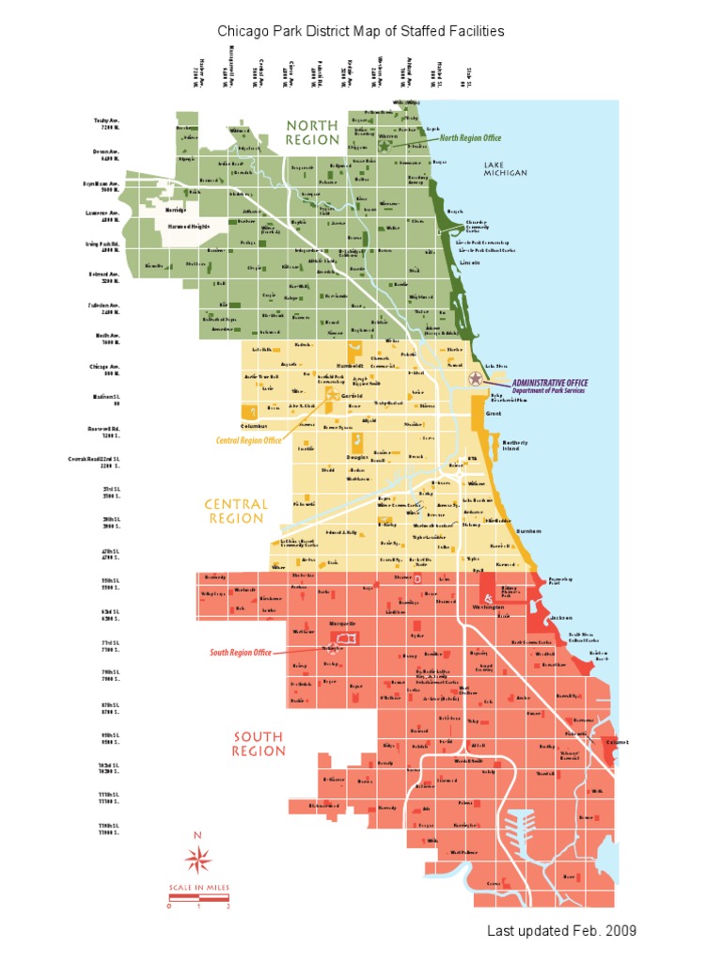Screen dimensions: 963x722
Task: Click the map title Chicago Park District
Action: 361,31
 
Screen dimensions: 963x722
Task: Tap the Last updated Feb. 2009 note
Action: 561,930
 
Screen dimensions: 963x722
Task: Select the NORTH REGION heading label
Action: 312,132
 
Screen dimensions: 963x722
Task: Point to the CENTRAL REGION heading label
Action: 236,512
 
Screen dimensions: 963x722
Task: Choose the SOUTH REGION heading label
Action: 259,744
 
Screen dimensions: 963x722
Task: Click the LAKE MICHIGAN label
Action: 506,168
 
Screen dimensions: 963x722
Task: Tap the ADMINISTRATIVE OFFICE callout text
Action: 550,383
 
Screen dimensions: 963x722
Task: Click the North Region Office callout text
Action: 470,138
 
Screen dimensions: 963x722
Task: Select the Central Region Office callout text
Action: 249,439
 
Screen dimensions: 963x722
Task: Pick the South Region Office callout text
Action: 241,653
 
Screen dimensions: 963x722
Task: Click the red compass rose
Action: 198,857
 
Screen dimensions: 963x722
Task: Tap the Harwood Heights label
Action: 189,227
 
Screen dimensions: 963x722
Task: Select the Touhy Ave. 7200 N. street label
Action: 107,123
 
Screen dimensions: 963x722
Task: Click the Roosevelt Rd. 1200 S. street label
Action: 104,433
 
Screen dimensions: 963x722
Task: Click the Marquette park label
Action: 341,624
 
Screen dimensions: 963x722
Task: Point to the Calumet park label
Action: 616,741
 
